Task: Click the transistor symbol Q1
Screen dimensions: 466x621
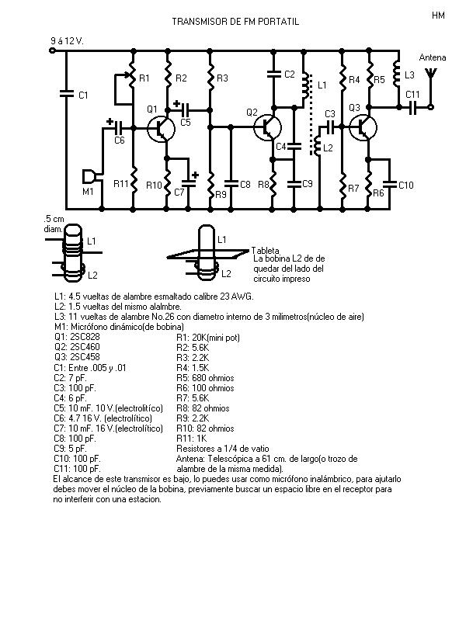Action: pos(161,128)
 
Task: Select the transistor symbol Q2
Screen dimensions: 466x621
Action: pos(267,127)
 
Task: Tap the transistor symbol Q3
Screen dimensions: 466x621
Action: pos(363,127)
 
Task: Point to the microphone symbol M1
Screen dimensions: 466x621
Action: pos(90,176)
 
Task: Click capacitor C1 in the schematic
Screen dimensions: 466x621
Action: pos(67,94)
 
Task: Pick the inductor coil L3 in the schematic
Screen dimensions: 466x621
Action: pos(397,74)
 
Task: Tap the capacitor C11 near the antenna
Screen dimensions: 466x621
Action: pos(413,107)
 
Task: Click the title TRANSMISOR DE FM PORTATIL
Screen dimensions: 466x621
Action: pos(235,22)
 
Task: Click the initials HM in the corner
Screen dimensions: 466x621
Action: pos(438,16)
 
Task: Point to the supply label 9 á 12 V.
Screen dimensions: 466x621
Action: pos(67,41)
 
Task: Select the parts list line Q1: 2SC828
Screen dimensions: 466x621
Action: pos(77,337)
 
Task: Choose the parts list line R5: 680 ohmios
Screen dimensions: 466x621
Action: pos(205,378)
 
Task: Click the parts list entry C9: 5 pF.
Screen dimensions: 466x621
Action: pos(70,449)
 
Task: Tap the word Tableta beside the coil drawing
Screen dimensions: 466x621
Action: pos(266,251)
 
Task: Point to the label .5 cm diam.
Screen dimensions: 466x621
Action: pos(54,224)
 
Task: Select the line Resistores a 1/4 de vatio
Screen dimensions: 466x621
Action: pos(223,449)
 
